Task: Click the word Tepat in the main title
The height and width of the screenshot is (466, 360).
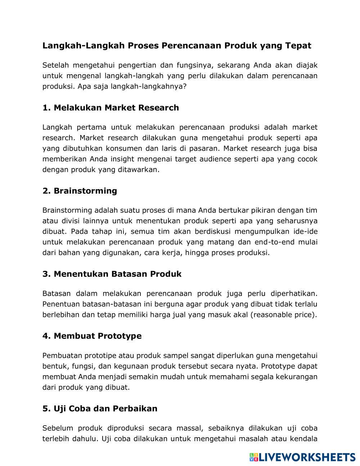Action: coord(298,46)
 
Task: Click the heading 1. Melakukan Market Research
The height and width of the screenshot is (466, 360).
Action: coord(111,108)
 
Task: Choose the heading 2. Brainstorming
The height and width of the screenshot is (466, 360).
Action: coord(80,191)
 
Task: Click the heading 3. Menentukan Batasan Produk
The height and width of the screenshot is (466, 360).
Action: coord(112,274)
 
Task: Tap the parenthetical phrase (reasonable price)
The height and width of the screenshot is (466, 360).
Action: coord(284,315)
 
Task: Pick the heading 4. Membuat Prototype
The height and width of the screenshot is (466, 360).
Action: coord(92,336)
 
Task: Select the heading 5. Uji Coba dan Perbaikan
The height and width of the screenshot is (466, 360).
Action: coord(100,409)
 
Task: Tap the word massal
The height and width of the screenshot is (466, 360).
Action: coord(187,428)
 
